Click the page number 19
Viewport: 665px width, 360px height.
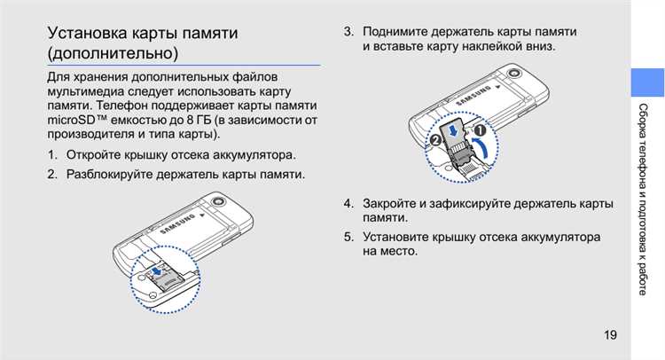click(x=610, y=334)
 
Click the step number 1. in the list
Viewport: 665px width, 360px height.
click(x=53, y=156)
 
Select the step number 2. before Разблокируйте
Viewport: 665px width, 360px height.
click(x=53, y=174)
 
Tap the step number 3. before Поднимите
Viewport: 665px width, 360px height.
click(x=349, y=32)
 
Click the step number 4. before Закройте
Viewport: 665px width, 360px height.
click(x=349, y=203)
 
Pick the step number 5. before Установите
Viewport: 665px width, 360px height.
click(x=349, y=237)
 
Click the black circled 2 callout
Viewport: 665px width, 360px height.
click(x=435, y=140)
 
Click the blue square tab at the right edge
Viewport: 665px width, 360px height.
click(x=646, y=82)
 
